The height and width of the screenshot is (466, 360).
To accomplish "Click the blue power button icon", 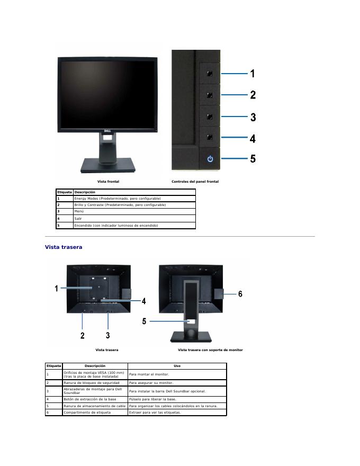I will (210, 158).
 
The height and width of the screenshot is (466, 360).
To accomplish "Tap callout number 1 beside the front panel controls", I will (253, 74).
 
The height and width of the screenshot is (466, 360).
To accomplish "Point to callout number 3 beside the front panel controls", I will (253, 117).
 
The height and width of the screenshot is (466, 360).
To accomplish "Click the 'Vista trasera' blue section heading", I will (64, 247).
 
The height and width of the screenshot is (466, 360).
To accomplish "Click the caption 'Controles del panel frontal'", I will (195, 182).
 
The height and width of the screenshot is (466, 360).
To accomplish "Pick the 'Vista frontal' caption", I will (108, 182).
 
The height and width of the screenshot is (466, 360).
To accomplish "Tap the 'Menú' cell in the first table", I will (79, 211).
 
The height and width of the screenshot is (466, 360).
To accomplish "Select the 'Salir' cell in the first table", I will (79, 218).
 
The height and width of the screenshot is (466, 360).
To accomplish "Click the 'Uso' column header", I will (177, 366).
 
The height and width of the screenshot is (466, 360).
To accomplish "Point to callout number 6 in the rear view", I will (240, 294).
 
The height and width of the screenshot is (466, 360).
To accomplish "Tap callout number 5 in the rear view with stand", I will (144, 321).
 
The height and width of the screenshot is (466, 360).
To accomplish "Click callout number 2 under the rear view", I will (83, 335).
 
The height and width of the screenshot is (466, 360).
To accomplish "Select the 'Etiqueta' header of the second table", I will (53, 366).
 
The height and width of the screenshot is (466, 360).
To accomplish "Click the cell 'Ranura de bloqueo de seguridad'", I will (91, 382).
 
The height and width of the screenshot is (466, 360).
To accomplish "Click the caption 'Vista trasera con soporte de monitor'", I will (210, 350).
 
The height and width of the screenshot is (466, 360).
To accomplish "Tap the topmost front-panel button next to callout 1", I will (210, 73).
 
